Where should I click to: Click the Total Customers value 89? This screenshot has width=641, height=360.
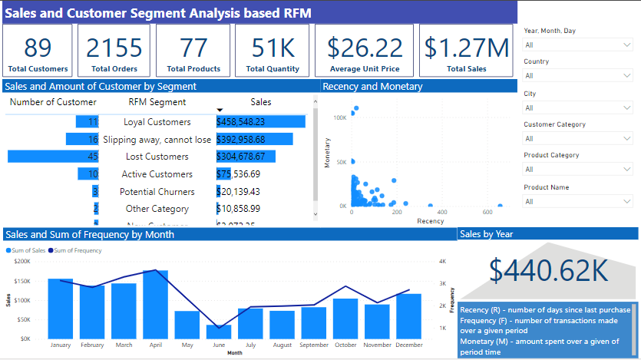[x=38, y=48]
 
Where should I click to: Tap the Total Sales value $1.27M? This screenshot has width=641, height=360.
[x=466, y=48]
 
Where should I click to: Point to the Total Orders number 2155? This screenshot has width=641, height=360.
[x=114, y=48]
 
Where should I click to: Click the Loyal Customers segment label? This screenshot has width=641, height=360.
[x=157, y=122]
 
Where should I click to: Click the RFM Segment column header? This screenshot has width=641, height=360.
[x=157, y=102]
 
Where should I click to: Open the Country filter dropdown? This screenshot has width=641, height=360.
[x=578, y=76]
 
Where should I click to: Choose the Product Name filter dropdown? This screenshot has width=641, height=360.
[x=578, y=201]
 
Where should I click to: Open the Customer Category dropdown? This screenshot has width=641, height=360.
[x=578, y=139]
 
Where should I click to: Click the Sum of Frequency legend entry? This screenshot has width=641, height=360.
[x=77, y=250]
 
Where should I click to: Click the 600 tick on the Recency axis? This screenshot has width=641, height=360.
[x=487, y=213]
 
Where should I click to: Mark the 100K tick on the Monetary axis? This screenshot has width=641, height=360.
[x=340, y=117]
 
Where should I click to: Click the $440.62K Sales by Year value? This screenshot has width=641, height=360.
[x=548, y=269]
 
